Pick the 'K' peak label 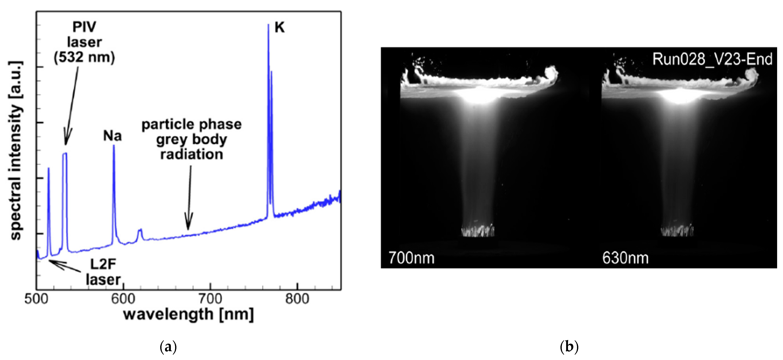(x=279, y=28)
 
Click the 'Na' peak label (x=112, y=136)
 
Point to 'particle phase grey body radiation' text (x=191, y=139)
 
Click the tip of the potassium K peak (x=268, y=25)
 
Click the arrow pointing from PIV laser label (x=71, y=106)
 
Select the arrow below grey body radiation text (x=189, y=197)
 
